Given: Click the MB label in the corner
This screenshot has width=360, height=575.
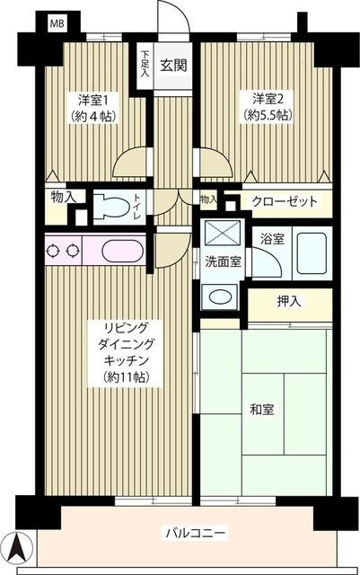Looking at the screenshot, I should tap(57, 22).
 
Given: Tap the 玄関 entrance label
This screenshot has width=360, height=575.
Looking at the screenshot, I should tap(172, 65).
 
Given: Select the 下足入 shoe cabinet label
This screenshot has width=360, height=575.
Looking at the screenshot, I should tap(145, 65).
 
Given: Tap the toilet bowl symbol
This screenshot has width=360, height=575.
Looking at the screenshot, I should tap(111, 205).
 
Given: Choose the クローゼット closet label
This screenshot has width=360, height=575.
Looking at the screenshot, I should tap(284, 201).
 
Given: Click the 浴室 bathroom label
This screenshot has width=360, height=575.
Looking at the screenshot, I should tap(273, 240).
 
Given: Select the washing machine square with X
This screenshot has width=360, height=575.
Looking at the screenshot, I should tap(220, 233).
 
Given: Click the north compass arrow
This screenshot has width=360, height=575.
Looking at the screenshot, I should tap(18, 545).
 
